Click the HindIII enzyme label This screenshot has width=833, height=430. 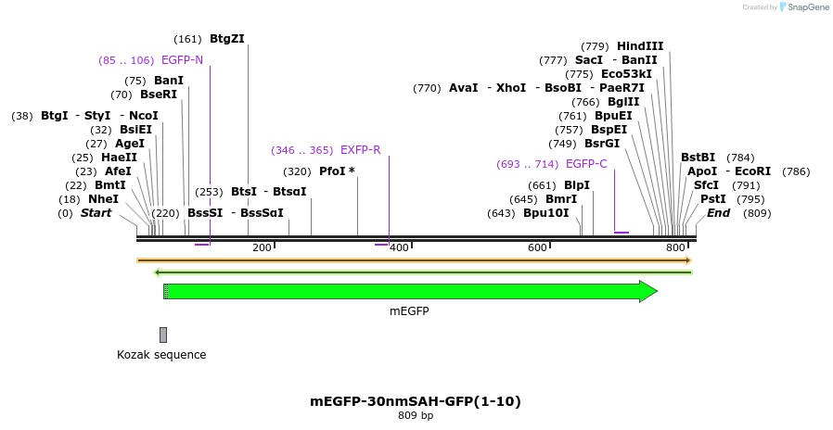640,46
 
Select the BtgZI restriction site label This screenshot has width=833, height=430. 227,39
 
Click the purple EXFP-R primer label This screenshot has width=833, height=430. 360,150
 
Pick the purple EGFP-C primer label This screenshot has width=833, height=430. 586,164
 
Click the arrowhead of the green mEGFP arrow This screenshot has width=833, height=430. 648,292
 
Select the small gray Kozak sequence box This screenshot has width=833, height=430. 163,335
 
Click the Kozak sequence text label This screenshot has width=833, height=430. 161,355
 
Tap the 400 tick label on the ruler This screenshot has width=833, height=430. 399,247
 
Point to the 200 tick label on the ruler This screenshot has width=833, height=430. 262,247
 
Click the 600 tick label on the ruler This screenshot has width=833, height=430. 537,247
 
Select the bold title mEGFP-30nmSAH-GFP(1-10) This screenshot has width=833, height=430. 416,401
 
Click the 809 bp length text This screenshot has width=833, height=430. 416,416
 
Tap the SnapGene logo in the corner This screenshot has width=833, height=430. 803,7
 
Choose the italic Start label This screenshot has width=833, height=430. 96,213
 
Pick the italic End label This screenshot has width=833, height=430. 718,213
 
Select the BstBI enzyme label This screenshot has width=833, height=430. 698,158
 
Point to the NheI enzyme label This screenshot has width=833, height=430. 103,199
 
